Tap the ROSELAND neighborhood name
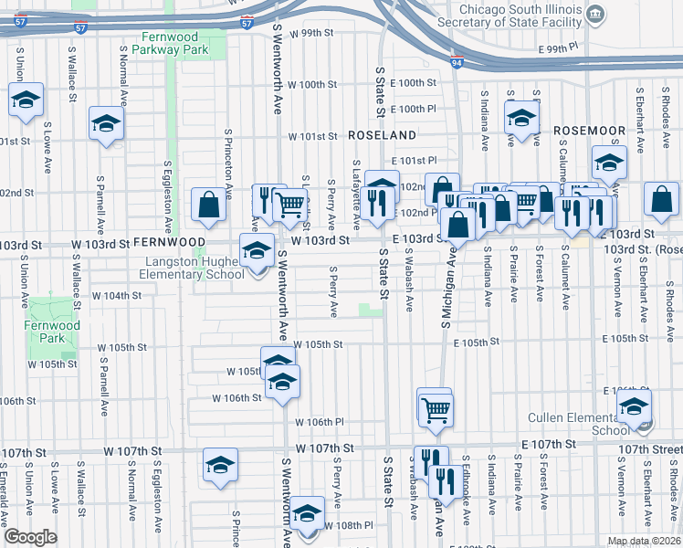coord(382,134)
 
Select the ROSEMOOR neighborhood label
coord(588,131)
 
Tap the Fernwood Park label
coord(52,332)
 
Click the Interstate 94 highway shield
coord(457,64)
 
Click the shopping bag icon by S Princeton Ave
coord(209,206)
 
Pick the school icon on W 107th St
coord(219,466)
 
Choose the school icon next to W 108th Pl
coord(307,514)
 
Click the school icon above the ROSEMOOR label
coord(521,121)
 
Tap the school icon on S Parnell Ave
coord(106,124)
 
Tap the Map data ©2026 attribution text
coord(643,541)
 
